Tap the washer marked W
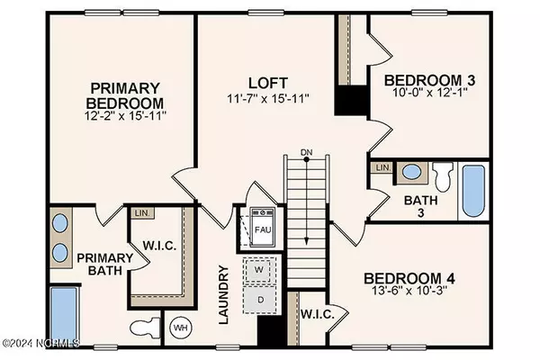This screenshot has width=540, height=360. pyautogui.click(x=258, y=269)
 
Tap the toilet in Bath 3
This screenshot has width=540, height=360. pyautogui.click(x=442, y=173)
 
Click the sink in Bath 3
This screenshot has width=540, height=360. pyautogui.click(x=410, y=172)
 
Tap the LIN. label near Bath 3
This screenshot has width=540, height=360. pyautogui.click(x=382, y=168)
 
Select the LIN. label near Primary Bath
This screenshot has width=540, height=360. pyautogui.click(x=142, y=213)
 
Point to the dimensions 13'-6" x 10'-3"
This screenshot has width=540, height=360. pyautogui.click(x=409, y=294)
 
